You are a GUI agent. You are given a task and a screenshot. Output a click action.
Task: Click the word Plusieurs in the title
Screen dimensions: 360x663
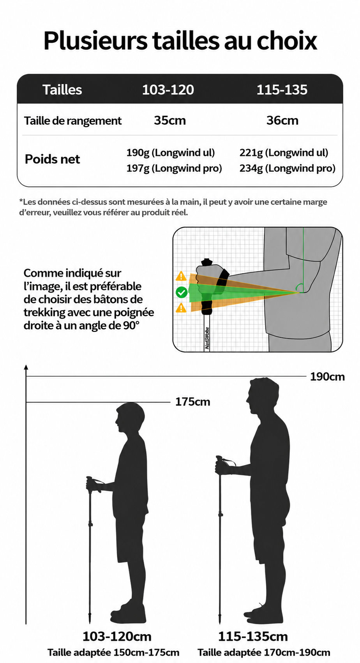pyautogui.click(x=95, y=41)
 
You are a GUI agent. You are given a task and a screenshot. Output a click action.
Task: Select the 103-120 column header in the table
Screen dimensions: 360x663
pyautogui.click(x=168, y=90)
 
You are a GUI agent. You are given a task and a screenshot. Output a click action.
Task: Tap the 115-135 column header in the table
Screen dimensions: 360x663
pyautogui.click(x=282, y=90)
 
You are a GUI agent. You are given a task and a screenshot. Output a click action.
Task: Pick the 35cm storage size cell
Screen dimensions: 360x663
pyautogui.click(x=170, y=120)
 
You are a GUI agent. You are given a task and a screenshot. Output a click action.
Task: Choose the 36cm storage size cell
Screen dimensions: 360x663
pyautogui.click(x=282, y=120)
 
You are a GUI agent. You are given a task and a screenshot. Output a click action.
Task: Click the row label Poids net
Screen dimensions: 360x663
pyautogui.click(x=52, y=159)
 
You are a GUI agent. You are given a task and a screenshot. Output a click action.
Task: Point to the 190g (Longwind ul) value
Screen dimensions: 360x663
pyautogui.click(x=171, y=153)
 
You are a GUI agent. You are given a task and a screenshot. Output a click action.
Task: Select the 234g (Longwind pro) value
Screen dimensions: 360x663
pyautogui.click(x=288, y=168)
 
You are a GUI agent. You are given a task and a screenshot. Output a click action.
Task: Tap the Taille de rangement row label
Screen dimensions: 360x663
pyautogui.click(x=73, y=121)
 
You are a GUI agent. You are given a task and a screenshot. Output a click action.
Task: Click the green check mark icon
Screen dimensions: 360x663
pyautogui.click(x=182, y=293)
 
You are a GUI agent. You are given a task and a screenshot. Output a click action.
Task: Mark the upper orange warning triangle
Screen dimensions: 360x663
pyautogui.click(x=181, y=277)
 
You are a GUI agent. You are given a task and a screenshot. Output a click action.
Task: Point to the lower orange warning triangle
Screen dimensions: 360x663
pyautogui.click(x=181, y=308)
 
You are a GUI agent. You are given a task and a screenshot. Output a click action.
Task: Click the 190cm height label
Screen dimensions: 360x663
pyautogui.click(x=327, y=377)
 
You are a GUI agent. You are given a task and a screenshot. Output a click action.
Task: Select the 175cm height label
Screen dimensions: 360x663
pyautogui.click(x=193, y=402)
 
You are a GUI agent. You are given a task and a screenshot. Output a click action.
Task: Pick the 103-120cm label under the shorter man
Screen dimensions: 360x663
pyautogui.click(x=117, y=636)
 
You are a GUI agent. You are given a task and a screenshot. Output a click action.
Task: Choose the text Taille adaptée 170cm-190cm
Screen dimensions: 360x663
pyautogui.click(x=264, y=652)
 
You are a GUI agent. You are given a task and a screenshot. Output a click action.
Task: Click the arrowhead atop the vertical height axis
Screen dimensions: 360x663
pyautogui.click(x=26, y=367)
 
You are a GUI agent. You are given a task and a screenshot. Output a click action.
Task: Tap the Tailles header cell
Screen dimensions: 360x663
pyautogui.click(x=62, y=90)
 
